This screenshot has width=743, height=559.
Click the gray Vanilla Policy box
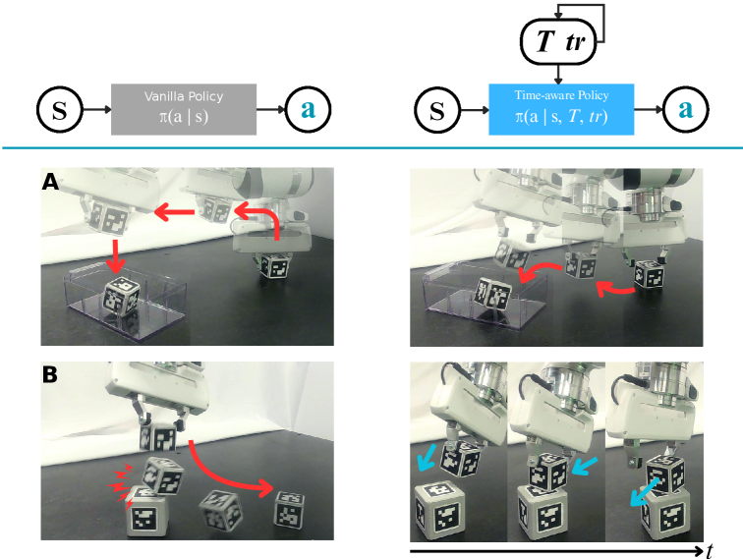point(184,108)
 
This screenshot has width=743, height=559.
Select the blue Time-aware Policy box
point(561,108)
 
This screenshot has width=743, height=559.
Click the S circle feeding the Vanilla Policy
point(59,109)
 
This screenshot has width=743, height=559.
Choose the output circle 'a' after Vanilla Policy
point(309,109)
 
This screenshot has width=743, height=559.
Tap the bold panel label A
point(50,182)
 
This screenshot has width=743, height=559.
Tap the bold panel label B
point(50,373)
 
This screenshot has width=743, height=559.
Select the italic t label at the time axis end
point(710,551)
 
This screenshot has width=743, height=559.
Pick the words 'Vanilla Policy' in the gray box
point(184,97)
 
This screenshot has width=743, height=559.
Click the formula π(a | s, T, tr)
point(561,118)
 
